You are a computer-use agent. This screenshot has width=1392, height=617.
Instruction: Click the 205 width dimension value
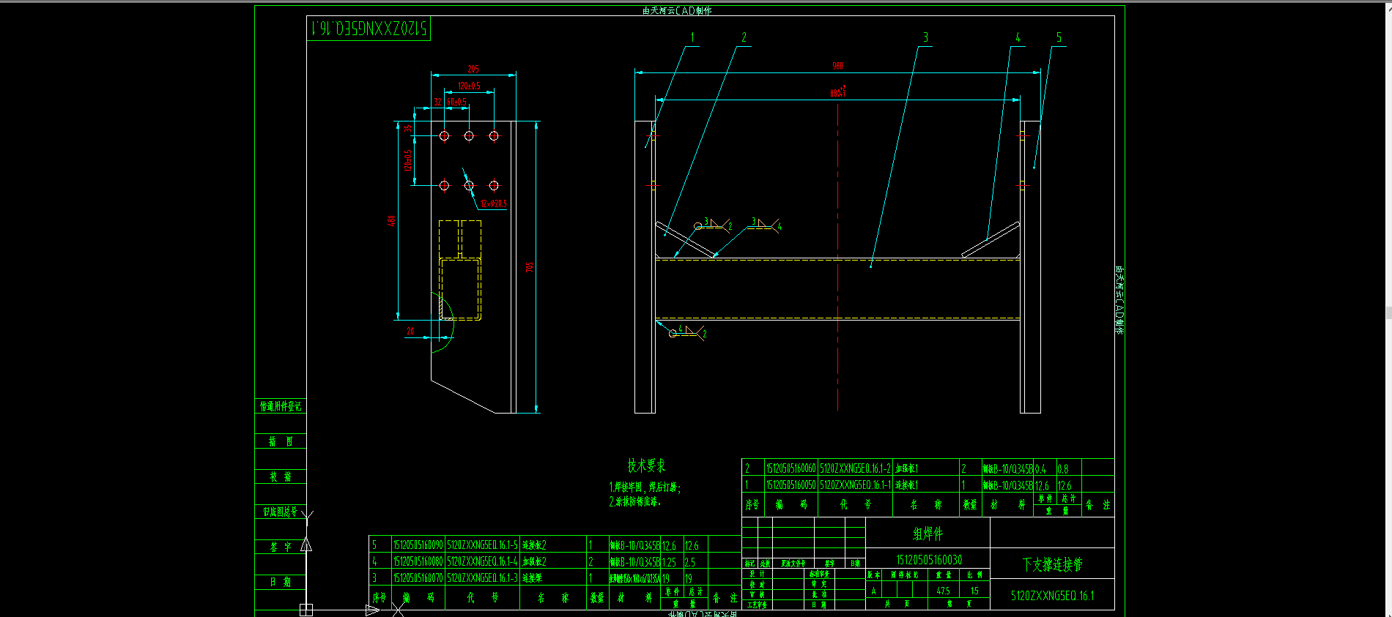(x=473, y=69)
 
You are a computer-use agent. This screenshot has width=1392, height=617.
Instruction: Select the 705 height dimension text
(x=530, y=267)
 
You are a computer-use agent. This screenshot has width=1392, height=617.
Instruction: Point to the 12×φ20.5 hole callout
(x=494, y=204)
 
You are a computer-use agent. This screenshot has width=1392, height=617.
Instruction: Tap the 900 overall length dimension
(x=837, y=66)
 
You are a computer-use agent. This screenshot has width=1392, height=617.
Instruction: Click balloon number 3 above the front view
(x=925, y=37)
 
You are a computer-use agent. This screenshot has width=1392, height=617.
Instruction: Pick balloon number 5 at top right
(x=1059, y=37)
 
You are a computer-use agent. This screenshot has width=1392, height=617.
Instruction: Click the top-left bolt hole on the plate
(x=444, y=135)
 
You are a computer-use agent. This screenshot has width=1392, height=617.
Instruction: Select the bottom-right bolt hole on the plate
(x=494, y=185)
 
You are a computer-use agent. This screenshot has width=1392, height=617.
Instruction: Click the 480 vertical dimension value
(x=392, y=220)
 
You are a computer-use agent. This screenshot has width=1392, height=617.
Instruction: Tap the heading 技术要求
(x=646, y=465)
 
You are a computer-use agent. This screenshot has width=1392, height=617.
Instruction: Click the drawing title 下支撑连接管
(x=1052, y=564)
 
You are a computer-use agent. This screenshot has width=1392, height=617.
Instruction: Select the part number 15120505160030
(x=929, y=560)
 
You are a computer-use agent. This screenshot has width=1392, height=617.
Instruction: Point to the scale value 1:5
(x=974, y=591)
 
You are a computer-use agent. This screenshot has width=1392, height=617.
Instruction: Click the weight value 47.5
(x=943, y=591)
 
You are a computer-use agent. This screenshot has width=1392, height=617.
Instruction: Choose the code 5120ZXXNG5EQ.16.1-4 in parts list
(x=482, y=561)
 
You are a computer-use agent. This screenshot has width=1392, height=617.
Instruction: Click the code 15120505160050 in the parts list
(x=791, y=485)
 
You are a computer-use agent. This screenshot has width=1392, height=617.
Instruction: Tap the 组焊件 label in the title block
(x=928, y=534)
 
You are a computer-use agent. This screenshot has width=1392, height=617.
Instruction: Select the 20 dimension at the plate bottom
(x=410, y=332)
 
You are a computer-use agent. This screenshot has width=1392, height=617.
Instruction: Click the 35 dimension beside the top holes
(x=408, y=129)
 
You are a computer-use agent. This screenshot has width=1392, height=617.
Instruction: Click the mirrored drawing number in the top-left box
(x=369, y=29)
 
